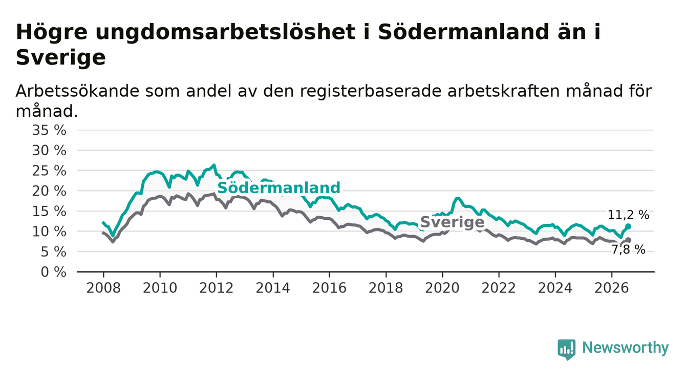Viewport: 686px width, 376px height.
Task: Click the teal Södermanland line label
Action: tap(278, 187)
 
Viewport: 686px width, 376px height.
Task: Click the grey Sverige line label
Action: tap(453, 222)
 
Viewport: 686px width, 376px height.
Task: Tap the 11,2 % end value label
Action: tap(628, 215)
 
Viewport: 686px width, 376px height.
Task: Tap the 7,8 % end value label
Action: tap(629, 250)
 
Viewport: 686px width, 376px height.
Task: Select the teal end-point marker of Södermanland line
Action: tap(628, 226)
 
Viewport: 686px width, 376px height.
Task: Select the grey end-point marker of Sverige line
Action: tap(628, 240)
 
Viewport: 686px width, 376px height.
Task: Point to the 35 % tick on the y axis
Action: tap(49, 130)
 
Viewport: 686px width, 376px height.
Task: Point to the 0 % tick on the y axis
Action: tap(53, 272)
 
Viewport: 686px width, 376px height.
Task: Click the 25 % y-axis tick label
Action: tap(49, 171)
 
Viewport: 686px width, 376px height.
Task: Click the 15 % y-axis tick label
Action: tap(49, 212)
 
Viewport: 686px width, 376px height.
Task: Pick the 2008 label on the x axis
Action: tap(103, 288)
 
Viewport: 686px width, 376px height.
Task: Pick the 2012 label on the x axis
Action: tap(216, 288)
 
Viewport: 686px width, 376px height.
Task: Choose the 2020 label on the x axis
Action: tap(442, 288)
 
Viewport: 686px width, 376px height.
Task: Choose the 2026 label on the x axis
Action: tap(612, 288)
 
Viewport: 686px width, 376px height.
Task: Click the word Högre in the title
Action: tap(52, 32)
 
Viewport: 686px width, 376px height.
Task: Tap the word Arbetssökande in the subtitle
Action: tap(78, 91)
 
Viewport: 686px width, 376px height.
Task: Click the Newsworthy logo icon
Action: tap(567, 349)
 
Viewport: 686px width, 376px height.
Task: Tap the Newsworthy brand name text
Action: tap(626, 348)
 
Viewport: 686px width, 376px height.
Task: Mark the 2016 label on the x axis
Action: tap(329, 288)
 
